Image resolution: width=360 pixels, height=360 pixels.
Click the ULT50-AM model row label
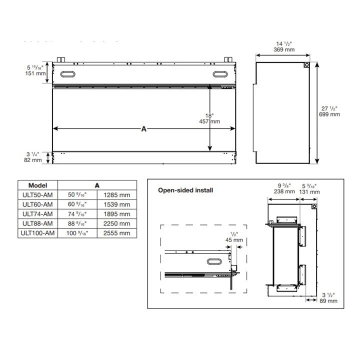pyautogui.click(x=37, y=195)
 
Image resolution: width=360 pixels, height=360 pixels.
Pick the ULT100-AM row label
pyautogui.click(x=37, y=233)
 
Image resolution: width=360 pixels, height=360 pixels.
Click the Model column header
pyautogui.click(x=37, y=185)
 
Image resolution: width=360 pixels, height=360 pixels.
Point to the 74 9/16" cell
pyautogui.click(x=77, y=214)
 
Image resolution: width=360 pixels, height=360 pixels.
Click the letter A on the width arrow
pyautogui.click(x=144, y=129)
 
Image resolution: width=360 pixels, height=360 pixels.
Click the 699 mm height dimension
pyautogui.click(x=329, y=114)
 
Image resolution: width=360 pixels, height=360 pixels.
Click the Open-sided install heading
pyautogui.click(x=185, y=190)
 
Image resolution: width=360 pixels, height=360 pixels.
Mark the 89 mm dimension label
pyautogui.click(x=328, y=301)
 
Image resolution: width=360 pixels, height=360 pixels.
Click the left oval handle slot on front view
pyautogui.click(x=67, y=74)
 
